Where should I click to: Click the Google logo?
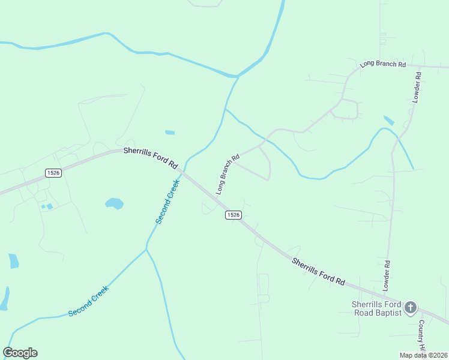(20, 353)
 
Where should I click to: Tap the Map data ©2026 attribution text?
(423, 355)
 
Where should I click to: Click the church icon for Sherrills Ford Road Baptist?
(411, 308)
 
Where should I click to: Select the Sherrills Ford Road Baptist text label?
(376, 308)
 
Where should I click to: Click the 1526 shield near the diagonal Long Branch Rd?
(234, 215)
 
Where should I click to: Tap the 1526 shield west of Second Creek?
(53, 173)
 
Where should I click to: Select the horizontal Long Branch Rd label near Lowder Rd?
(382, 64)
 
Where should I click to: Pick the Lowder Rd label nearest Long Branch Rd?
(417, 88)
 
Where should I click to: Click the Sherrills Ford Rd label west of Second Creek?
(151, 158)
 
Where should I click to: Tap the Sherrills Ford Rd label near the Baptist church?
(319, 271)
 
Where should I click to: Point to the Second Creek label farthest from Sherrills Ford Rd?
(88, 301)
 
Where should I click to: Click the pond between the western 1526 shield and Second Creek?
(114, 203)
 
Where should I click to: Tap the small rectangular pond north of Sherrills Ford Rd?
(170, 133)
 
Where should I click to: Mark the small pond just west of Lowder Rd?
(389, 120)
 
